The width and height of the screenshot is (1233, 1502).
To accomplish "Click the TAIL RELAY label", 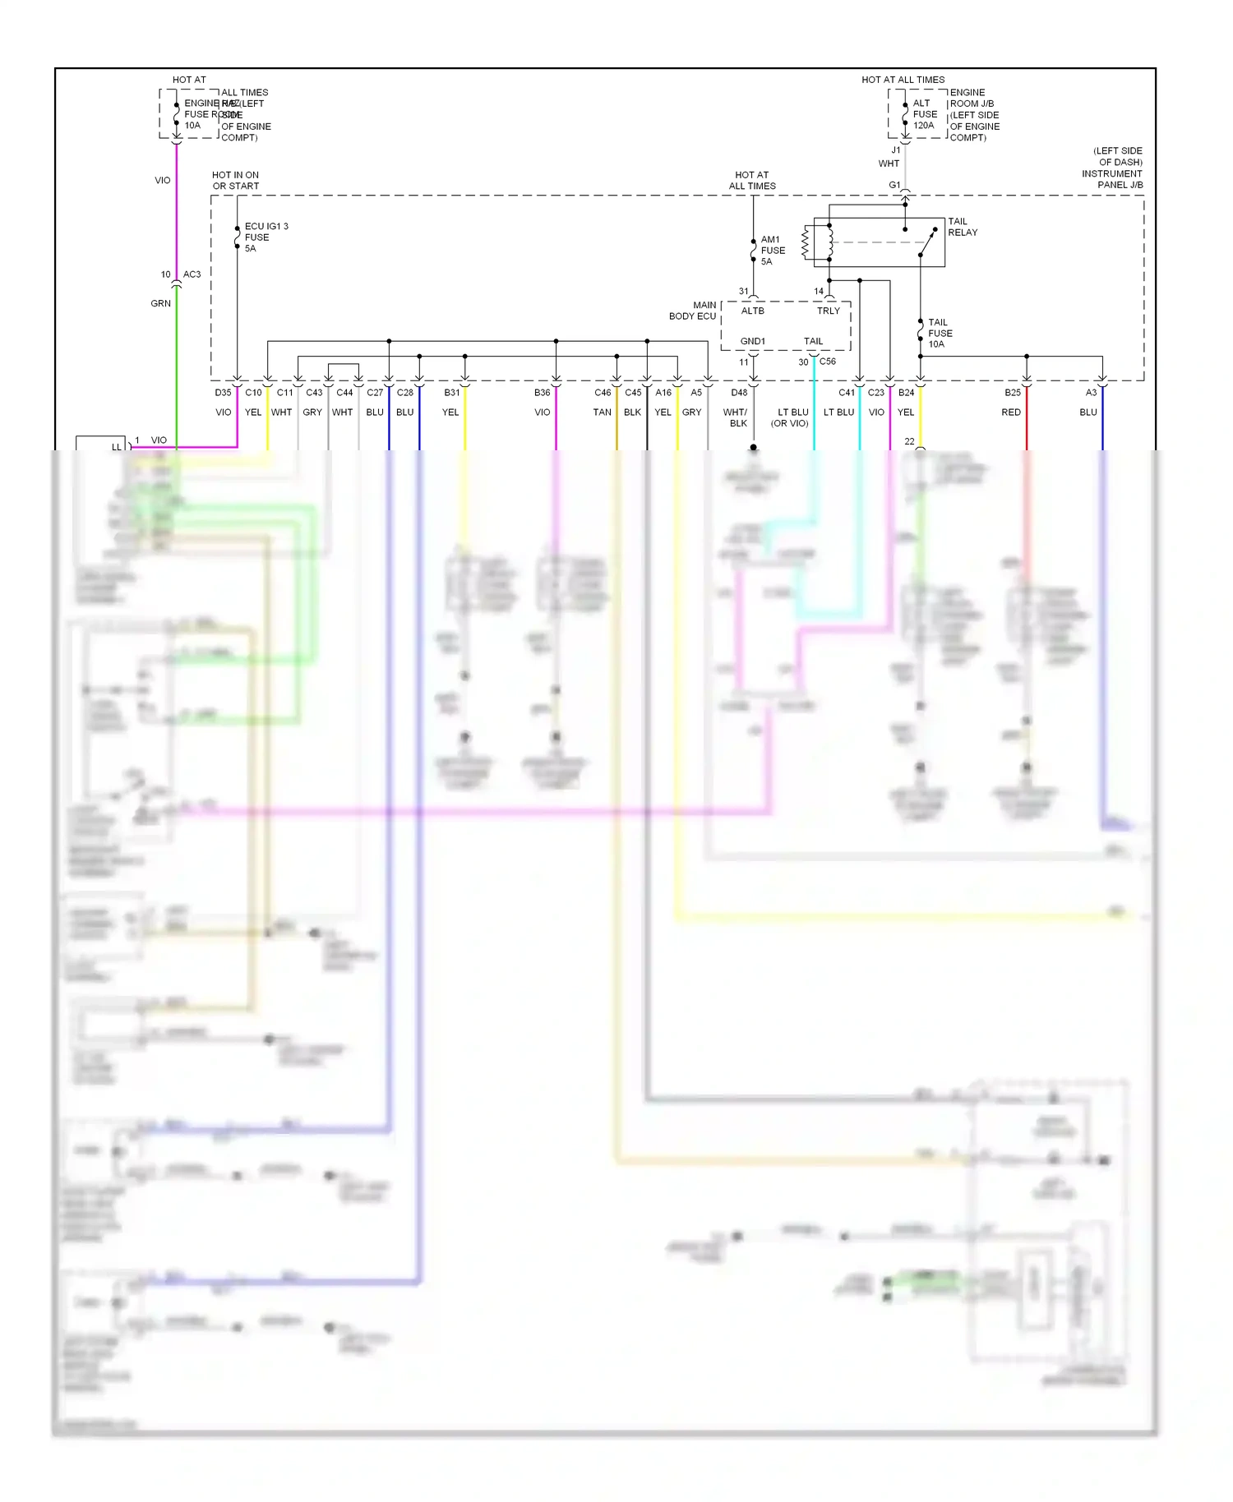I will click(962, 227).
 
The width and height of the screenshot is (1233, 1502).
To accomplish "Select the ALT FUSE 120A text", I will click(924, 114).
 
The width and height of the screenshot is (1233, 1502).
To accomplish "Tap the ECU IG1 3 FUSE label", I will click(266, 237).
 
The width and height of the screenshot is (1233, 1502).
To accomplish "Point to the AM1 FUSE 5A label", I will click(772, 251).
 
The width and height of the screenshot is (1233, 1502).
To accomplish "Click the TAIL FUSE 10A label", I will click(940, 333).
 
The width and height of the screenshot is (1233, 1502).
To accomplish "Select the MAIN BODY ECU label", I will click(693, 311).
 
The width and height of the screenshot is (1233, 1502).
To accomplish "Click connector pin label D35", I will click(223, 393).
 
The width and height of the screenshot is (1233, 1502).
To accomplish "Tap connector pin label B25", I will click(1012, 393).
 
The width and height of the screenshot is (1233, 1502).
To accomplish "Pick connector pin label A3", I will click(1090, 393).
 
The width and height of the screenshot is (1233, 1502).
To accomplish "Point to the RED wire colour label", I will click(1010, 412).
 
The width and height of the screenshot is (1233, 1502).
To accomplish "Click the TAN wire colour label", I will click(602, 412).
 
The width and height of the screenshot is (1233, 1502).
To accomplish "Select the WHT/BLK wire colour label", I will click(736, 417).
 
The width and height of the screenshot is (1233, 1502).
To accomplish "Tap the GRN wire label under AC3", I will click(160, 303).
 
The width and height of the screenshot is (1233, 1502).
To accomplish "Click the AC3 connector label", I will click(192, 274).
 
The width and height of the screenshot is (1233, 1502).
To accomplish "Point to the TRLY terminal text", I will click(828, 311).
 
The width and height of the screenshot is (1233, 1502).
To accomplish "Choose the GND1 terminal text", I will click(752, 341).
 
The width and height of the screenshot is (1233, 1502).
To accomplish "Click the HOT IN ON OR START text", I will click(235, 181).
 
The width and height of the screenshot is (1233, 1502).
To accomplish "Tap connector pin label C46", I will click(603, 393).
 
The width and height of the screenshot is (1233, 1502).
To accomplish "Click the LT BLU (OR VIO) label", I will click(790, 417).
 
